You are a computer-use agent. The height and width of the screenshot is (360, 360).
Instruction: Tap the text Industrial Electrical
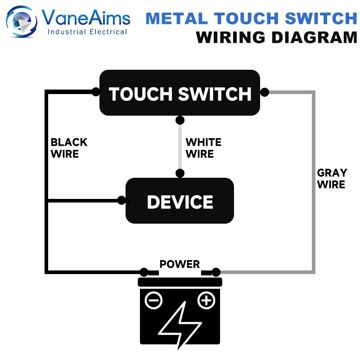pos(87,32)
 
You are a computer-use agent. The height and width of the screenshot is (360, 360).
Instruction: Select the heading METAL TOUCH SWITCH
pos(251,18)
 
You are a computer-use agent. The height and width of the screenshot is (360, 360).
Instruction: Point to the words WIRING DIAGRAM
pos(277,37)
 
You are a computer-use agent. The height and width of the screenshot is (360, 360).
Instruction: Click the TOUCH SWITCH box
pos(180,94)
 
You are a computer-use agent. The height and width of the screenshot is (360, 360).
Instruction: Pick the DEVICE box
pos(180,201)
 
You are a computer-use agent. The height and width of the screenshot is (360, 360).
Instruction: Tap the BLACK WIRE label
pos(68,148)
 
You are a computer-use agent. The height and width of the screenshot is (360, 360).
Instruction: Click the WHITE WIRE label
pos(203,148)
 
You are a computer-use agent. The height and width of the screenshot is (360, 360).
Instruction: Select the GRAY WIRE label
pos(332,179)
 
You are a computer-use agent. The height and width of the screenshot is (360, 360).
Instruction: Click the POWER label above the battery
pos(180,264)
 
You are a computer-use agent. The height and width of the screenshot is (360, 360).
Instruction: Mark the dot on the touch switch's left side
pos(96,92)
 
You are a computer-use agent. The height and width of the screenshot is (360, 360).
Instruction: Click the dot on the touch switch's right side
pos(265,92)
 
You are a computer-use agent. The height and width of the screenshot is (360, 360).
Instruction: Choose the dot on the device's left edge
pos(121,200)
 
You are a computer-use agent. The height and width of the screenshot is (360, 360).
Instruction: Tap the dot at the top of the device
pos(180,173)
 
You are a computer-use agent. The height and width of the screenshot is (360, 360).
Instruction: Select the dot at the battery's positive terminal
pos(216,272)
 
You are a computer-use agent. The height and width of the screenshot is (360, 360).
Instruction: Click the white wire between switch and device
pos(180,147)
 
